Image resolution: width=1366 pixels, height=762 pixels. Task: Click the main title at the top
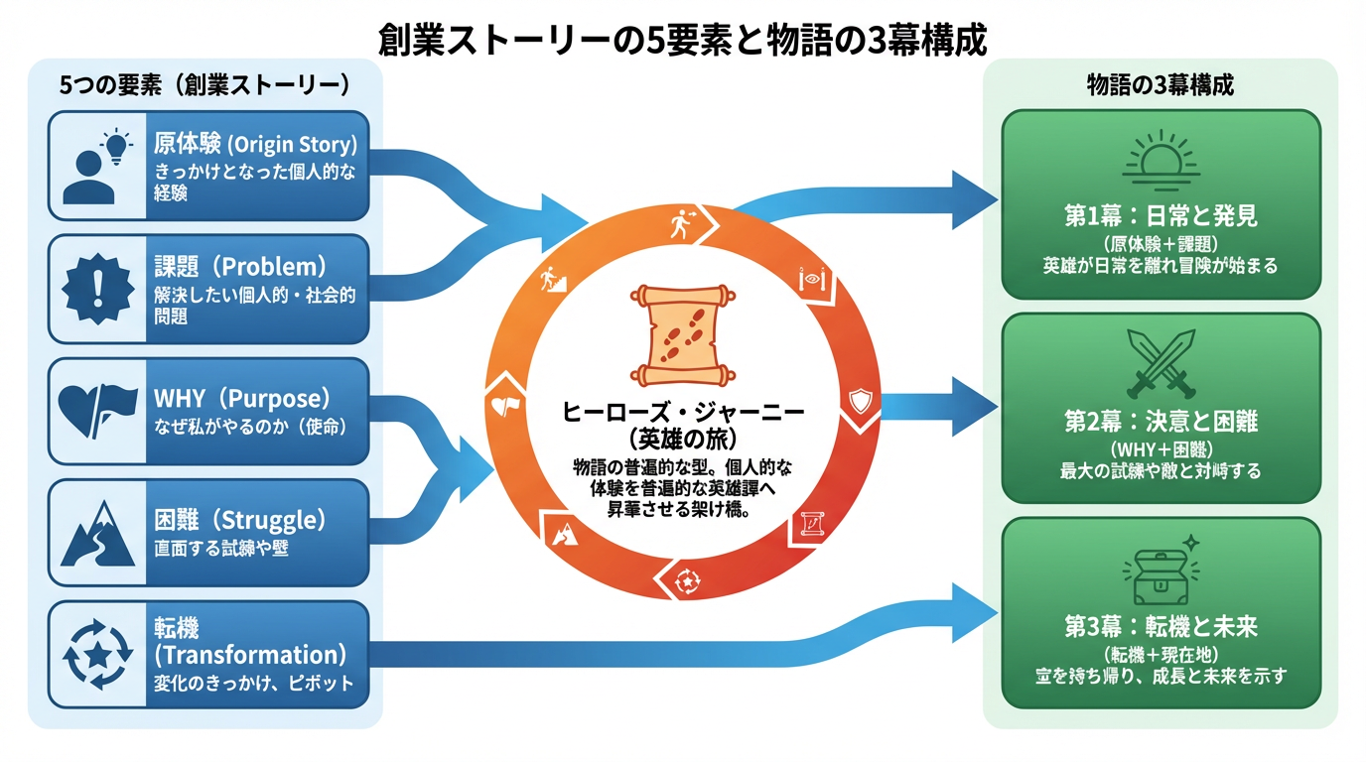(x=683, y=42)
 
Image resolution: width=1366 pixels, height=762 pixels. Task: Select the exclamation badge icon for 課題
(x=97, y=288)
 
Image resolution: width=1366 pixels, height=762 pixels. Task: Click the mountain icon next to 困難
(x=97, y=533)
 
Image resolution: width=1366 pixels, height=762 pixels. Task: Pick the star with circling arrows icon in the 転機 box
(x=97, y=655)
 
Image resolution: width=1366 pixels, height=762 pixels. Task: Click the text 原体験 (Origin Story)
(x=255, y=145)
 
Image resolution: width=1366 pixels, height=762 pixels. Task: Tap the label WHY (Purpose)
(x=240, y=399)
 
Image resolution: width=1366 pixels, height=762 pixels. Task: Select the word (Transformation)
(x=250, y=655)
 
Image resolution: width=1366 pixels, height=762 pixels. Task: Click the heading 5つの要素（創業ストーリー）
(x=205, y=84)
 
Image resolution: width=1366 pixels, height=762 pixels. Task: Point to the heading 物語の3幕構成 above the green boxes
(x=1161, y=84)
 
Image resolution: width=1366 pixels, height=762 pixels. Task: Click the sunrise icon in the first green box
(x=1161, y=161)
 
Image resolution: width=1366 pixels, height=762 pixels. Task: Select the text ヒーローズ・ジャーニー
(x=683, y=410)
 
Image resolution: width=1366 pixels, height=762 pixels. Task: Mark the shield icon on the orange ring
(x=861, y=402)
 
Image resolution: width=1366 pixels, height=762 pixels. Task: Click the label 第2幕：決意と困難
(x=1161, y=422)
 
